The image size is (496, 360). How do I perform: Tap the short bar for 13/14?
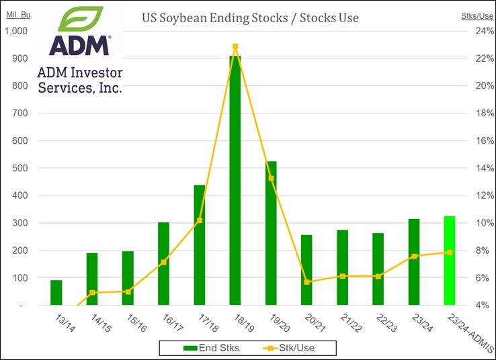coord(56,292)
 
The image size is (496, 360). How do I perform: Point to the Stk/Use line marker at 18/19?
coord(235,46)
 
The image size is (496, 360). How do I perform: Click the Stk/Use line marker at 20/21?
coord(306,282)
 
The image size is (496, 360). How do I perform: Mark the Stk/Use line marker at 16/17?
coord(163,262)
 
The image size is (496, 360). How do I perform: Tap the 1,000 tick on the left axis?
coord(17,31)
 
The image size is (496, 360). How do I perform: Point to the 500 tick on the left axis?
coord(20,168)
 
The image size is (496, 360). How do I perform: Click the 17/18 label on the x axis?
coord(203,324)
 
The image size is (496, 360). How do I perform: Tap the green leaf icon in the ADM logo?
coord(80,20)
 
